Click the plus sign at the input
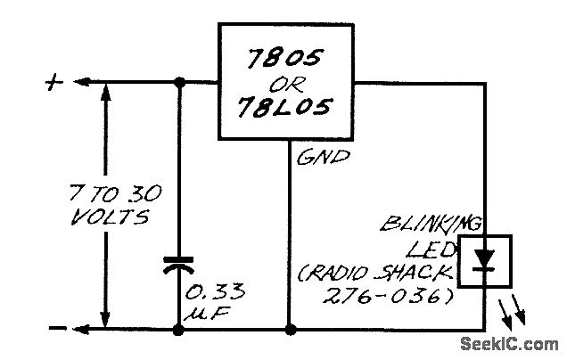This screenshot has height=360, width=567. (x=54, y=83)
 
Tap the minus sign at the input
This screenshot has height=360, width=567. (x=55, y=329)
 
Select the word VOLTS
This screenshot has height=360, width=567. (x=106, y=217)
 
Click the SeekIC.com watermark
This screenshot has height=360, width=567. (x=510, y=343)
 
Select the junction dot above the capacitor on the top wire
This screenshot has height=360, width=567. (x=180, y=83)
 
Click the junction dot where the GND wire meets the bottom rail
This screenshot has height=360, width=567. (x=292, y=330)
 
